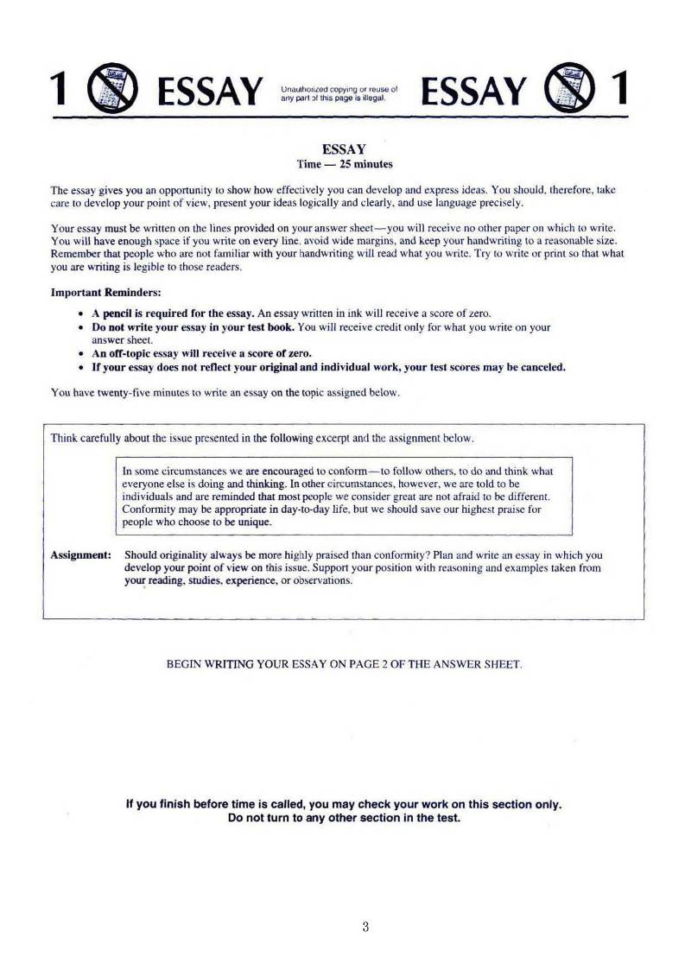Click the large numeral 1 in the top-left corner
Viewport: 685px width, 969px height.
tap(59, 88)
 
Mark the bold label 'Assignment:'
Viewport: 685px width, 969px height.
tap(80, 555)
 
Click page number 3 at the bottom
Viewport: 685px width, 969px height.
tap(366, 928)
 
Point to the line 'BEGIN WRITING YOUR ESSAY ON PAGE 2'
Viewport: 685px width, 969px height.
tap(344, 664)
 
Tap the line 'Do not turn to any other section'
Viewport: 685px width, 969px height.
tap(344, 817)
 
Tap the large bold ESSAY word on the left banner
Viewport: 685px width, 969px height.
tap(206, 89)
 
